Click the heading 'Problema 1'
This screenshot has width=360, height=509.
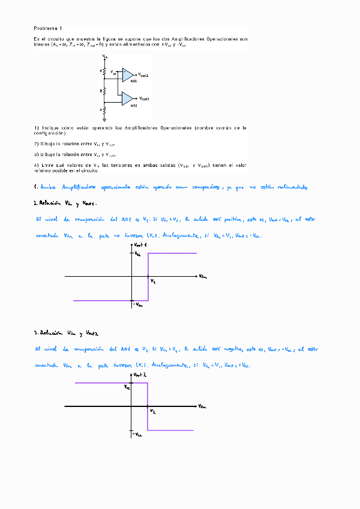[47, 28]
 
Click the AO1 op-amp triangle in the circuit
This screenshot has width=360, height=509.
[128, 74]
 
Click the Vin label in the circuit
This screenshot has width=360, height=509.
[114, 72]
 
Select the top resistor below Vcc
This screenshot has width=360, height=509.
[104, 71]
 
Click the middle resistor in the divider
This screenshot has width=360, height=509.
[104, 91]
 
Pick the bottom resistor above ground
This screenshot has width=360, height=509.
[104, 110]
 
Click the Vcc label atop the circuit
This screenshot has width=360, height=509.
[105, 56]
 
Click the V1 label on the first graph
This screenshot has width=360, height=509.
[152, 281]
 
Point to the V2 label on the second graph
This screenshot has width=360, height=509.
[152, 412]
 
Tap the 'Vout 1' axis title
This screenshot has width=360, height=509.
[141, 246]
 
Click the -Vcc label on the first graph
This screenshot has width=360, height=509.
[137, 304]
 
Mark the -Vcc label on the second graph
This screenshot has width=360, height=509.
[138, 434]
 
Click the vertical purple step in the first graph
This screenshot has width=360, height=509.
[148, 276]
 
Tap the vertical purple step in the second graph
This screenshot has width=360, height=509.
[148, 406]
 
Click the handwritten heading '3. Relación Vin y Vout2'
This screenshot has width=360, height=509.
[66, 333]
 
